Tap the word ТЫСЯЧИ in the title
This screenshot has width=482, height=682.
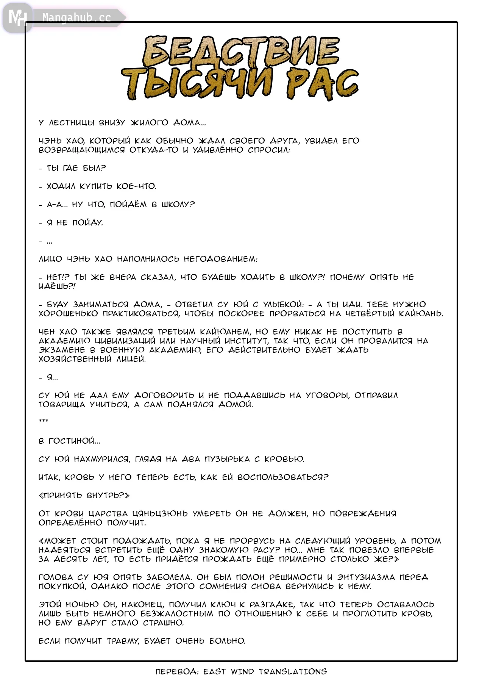(x=197, y=84)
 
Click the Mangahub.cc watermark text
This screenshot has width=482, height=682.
(x=76, y=18)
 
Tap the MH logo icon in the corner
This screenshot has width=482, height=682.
(x=17, y=17)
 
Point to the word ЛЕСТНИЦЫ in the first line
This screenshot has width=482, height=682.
(x=72, y=123)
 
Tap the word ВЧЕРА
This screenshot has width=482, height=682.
(x=123, y=277)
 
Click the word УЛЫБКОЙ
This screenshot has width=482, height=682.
(x=283, y=305)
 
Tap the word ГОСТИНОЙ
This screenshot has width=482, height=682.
(x=74, y=441)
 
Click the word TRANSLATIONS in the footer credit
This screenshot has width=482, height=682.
(x=293, y=672)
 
